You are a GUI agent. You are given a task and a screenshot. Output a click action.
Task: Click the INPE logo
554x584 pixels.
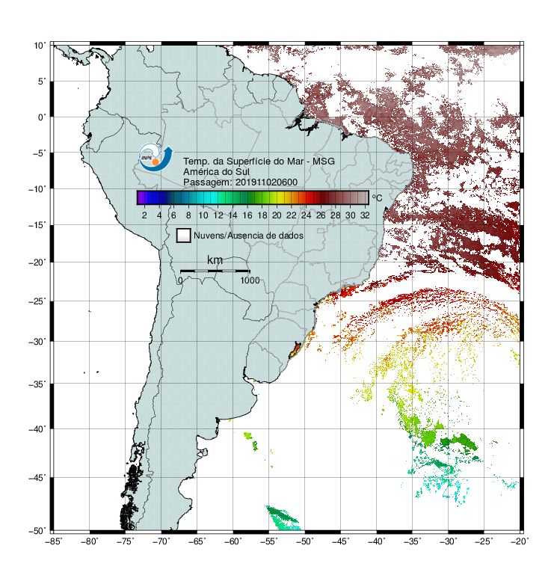point(156,157)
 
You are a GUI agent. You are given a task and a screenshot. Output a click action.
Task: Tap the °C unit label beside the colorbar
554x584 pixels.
point(377,197)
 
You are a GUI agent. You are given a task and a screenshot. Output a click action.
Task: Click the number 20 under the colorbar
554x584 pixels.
point(277,215)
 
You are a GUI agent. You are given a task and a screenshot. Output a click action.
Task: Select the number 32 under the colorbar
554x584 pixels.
point(365,215)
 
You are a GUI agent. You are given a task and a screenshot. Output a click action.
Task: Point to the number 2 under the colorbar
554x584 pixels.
point(144,215)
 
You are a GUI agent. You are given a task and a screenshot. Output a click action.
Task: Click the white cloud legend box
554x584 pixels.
point(184,236)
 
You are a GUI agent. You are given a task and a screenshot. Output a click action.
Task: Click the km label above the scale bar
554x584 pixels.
point(215,260)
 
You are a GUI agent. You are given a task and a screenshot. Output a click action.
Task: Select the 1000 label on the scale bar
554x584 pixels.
point(250,280)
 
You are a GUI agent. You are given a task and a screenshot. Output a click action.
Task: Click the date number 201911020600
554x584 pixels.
point(267,182)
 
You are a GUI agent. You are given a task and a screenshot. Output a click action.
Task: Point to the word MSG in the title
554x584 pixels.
point(324,162)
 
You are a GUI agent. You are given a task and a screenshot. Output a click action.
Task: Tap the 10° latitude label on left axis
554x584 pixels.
point(40,46)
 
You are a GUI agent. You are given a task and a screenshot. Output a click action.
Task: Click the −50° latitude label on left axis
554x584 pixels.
point(37,530)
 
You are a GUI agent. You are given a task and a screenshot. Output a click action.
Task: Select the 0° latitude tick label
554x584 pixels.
point(42,117)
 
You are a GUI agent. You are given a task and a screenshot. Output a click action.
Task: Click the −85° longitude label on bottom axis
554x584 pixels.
point(54,541)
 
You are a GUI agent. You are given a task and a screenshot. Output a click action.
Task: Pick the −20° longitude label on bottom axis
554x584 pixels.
point(520,541)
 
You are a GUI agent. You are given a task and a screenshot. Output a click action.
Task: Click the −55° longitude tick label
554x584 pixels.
point(269,541)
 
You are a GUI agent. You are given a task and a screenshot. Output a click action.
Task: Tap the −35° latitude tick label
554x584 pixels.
point(37,384)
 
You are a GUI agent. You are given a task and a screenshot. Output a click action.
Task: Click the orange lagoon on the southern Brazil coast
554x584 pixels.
point(295,350)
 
